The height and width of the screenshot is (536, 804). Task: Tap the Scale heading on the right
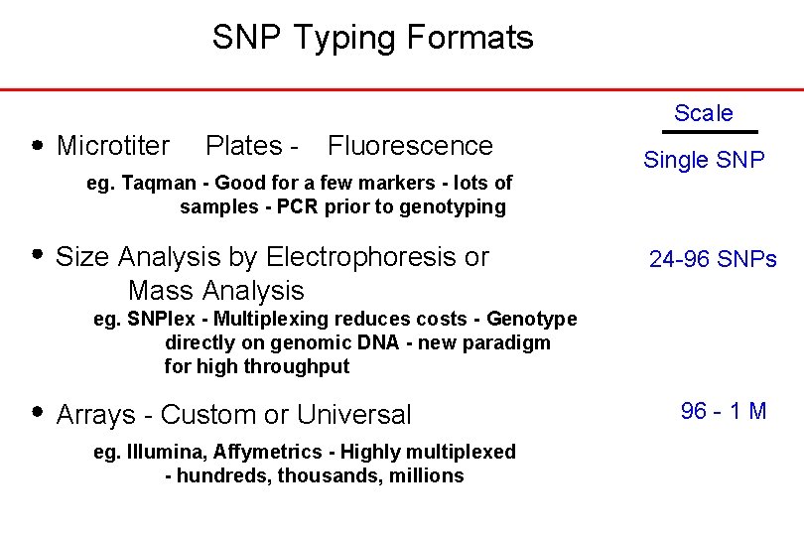tap(703, 113)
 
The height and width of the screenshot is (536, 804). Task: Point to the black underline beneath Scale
tap(709, 131)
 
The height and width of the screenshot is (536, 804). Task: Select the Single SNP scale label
tap(704, 159)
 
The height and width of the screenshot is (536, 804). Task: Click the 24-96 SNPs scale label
tap(713, 259)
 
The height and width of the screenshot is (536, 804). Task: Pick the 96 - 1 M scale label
tap(724, 411)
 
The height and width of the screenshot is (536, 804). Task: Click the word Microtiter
tap(113, 146)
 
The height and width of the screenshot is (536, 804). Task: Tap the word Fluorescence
tap(409, 146)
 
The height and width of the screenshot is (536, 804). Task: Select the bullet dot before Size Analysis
tap(38, 254)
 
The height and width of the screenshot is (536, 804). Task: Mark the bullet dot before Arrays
tap(38, 411)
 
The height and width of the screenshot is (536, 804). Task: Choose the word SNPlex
tap(159, 319)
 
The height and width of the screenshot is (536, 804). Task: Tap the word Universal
tap(353, 414)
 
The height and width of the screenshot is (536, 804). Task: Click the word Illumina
tap(165, 452)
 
